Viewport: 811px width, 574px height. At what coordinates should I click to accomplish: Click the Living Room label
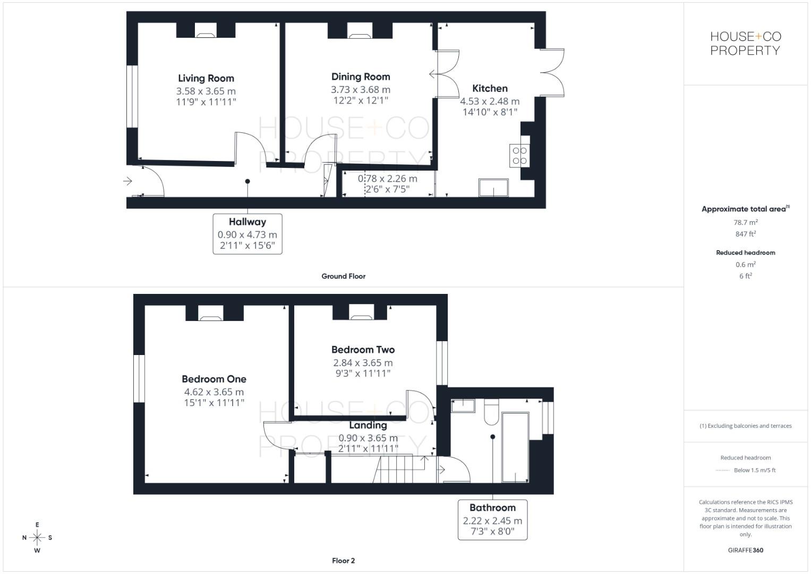[206, 79]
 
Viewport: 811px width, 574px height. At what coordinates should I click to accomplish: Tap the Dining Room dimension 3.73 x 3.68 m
[361, 90]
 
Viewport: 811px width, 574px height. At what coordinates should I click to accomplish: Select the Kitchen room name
[490, 89]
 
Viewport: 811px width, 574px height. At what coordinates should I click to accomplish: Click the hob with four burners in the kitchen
[519, 156]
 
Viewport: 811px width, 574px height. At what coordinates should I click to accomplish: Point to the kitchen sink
[493, 188]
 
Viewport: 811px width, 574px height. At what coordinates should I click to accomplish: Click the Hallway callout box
[247, 234]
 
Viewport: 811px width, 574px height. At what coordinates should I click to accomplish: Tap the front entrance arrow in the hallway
[127, 182]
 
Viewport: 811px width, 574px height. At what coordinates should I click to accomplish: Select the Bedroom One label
[214, 379]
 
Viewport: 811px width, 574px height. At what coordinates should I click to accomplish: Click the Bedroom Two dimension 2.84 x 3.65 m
[363, 363]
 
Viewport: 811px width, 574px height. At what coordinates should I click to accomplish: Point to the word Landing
[368, 425]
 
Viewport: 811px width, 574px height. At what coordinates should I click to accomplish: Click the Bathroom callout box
[492, 519]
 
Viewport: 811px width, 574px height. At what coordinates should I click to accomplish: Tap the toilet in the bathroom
[491, 412]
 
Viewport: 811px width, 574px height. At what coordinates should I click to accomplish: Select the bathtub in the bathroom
[515, 447]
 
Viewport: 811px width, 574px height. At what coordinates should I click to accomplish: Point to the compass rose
[37, 538]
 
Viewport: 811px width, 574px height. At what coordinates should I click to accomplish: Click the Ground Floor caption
[343, 276]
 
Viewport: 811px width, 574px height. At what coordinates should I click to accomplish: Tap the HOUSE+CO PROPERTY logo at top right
[745, 44]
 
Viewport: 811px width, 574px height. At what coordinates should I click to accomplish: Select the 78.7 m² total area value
[745, 223]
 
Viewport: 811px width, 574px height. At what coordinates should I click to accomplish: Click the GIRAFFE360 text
[745, 550]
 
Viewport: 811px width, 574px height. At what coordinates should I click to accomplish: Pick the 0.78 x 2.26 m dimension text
[387, 179]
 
